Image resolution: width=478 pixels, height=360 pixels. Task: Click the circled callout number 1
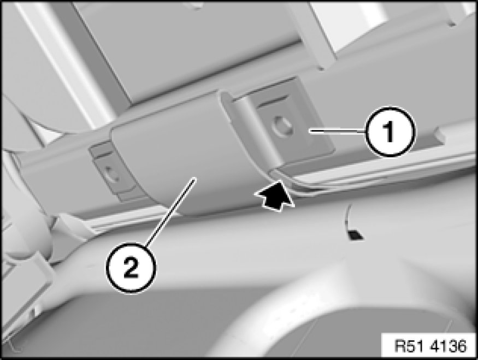pos(390,131)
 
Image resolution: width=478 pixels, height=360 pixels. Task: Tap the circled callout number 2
pos(131,267)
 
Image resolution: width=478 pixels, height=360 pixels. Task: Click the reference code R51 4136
pos(430,346)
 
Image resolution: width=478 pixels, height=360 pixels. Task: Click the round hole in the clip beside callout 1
pos(282,125)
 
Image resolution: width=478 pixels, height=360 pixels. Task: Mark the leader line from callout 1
pos(338,131)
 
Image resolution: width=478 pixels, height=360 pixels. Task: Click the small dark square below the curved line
pos(355,235)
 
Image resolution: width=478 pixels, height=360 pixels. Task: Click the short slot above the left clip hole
pos(101,155)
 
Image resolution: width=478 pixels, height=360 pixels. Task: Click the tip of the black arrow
pos(279,181)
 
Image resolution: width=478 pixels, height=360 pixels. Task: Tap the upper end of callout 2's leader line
pos(194,179)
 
